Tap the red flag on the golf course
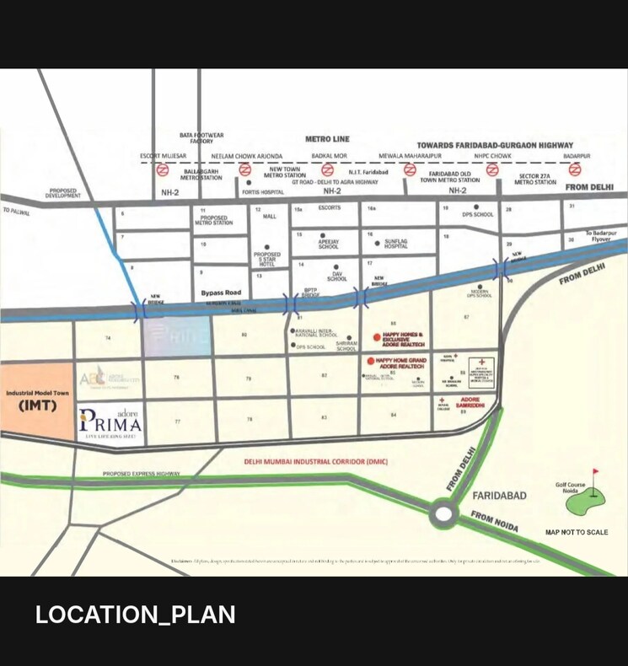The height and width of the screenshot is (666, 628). (x=594, y=472)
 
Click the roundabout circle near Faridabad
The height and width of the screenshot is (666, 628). (x=443, y=513)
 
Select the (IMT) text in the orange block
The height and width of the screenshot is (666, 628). (x=36, y=406)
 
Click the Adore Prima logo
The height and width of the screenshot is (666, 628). (x=109, y=420)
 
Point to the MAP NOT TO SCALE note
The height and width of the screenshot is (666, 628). (x=577, y=533)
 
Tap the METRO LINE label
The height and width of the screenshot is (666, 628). (x=327, y=139)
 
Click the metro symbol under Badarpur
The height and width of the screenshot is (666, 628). (x=575, y=169)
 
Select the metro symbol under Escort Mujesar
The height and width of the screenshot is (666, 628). (x=163, y=169)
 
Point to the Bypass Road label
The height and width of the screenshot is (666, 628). (x=221, y=293)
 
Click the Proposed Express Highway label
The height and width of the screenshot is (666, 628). (x=142, y=474)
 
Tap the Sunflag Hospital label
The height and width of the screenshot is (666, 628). (x=396, y=245)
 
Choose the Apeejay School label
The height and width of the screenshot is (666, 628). (x=328, y=245)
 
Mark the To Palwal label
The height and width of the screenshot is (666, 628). (x=16, y=212)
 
